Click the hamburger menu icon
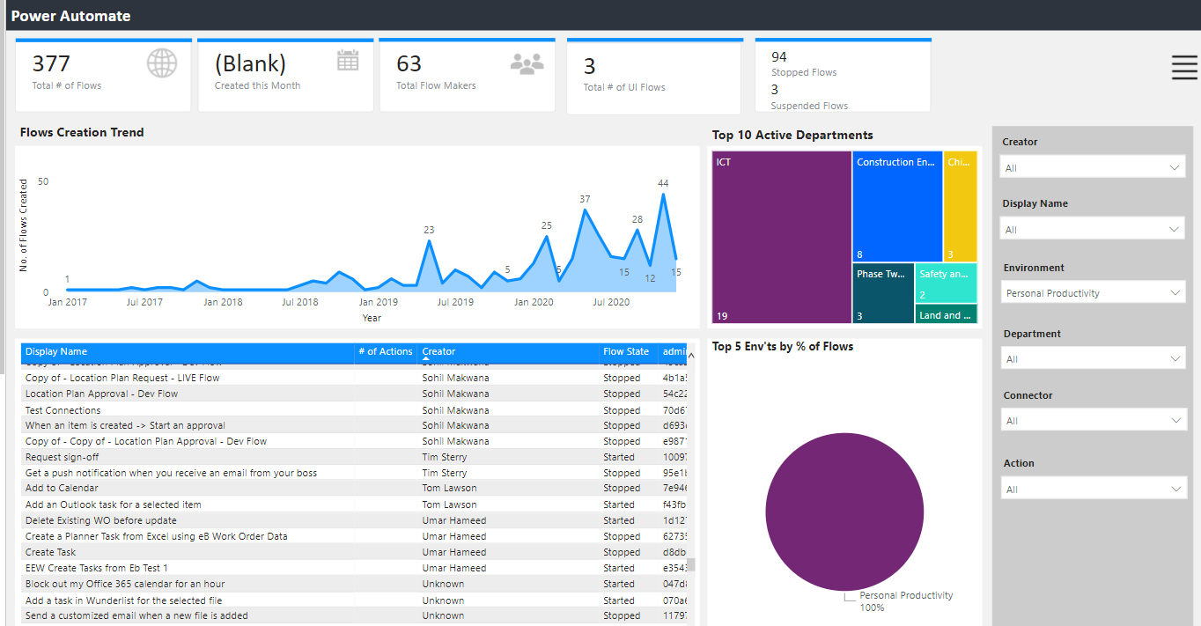1184,68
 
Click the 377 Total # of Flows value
51,63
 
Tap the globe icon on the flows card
162,63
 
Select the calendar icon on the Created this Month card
348,60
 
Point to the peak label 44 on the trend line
663,183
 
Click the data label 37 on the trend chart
585,199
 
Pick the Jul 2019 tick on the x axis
456,302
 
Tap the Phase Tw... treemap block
883,292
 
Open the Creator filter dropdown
1093,167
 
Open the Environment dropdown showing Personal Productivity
1093,293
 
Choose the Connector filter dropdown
1093,421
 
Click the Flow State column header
626,351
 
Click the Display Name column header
56,351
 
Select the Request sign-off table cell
63,457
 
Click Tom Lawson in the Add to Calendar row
449,488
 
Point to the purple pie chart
844,512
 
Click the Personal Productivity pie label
906,595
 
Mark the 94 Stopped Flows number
779,57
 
